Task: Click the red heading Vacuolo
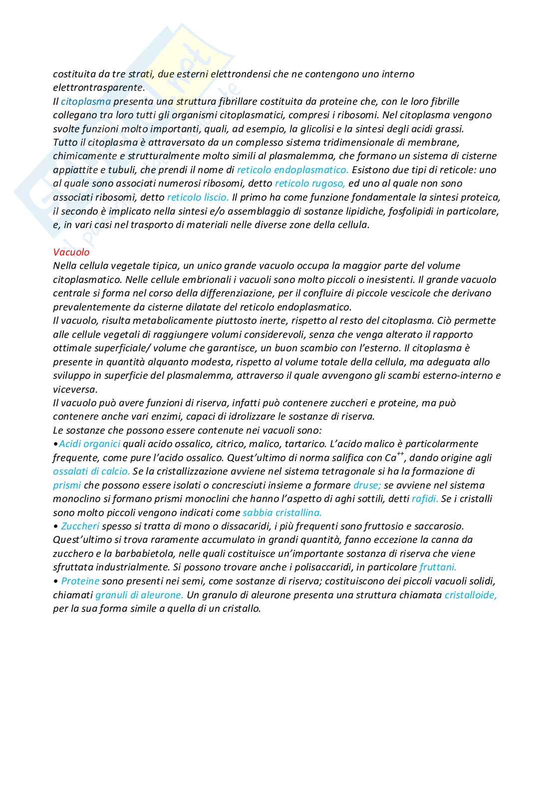pyautogui.click(x=71, y=252)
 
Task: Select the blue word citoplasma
pyautogui.click(x=86, y=101)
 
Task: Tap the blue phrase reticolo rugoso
pyautogui.click(x=309, y=183)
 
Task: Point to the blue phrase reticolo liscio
pyautogui.click(x=198, y=197)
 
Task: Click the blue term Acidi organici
pyautogui.click(x=89, y=444)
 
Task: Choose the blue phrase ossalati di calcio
pyautogui.click(x=91, y=471)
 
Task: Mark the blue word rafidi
pyautogui.click(x=425, y=499)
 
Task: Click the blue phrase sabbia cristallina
pyautogui.click(x=282, y=513)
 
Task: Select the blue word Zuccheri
pyautogui.click(x=80, y=526)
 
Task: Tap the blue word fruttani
pyautogui.click(x=438, y=567)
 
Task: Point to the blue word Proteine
pyautogui.click(x=80, y=581)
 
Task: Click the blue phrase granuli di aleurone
pyautogui.click(x=139, y=595)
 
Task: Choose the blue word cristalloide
pyautogui.click(x=470, y=595)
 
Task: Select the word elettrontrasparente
pyautogui.click(x=99, y=87)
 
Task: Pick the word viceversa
pyautogui.click(x=75, y=389)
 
